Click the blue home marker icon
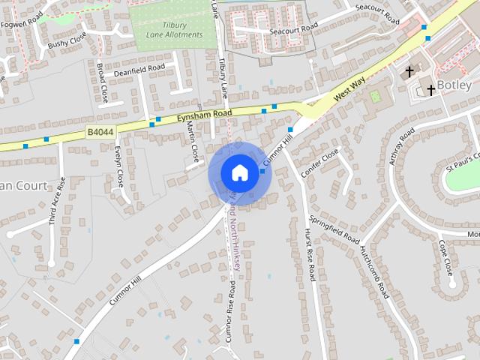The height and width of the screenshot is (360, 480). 239,172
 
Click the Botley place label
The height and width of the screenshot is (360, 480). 453,84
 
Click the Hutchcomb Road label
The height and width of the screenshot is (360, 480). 373,268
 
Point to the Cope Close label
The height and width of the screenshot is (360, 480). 445,256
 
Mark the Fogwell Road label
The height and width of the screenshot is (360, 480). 22,24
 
